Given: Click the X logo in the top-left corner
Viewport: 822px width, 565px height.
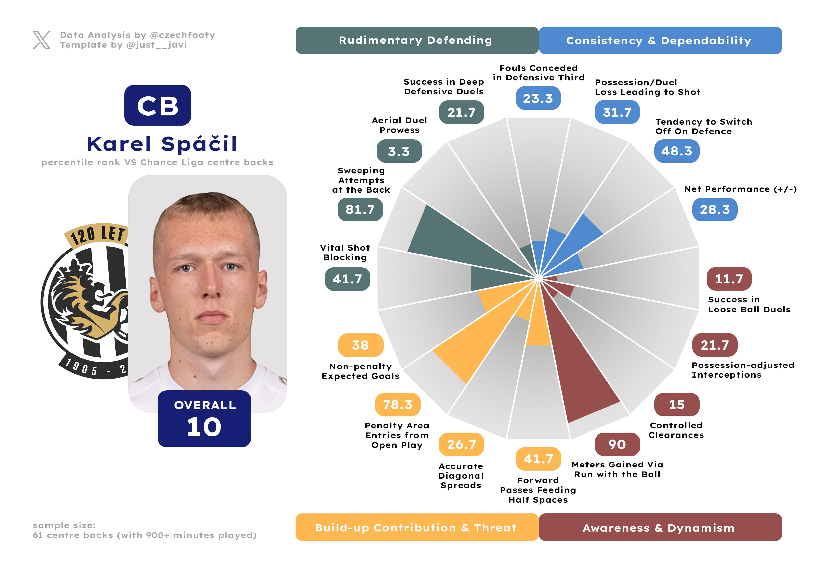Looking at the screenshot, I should click(42, 40).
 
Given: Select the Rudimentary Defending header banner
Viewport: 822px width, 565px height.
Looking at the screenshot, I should click(417, 40).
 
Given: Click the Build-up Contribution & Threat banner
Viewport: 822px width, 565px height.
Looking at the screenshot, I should click(417, 527).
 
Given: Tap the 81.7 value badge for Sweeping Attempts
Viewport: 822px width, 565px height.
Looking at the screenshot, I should click(360, 210).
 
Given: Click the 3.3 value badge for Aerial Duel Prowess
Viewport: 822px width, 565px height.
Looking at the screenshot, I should click(399, 151).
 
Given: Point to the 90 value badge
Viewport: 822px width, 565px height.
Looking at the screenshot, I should click(617, 444).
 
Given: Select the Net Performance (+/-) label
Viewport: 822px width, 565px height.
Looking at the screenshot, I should click(740, 189).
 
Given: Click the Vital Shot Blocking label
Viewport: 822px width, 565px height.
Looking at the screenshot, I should click(345, 253).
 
